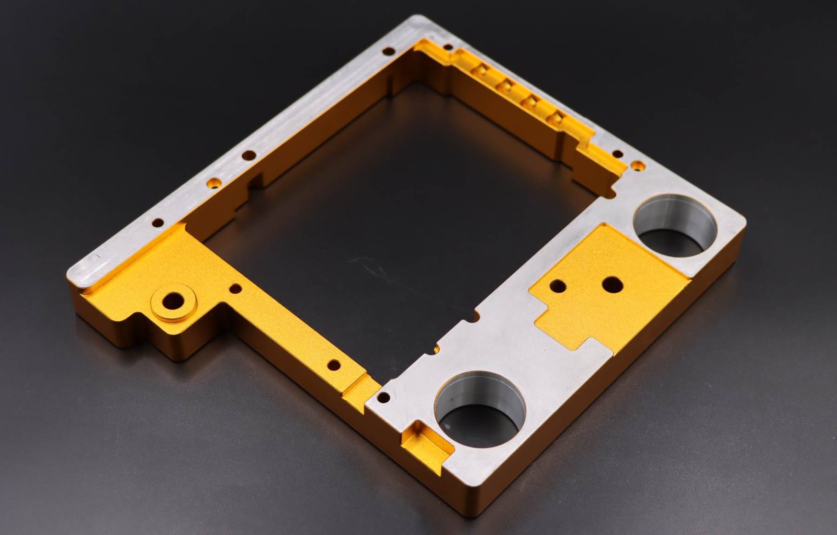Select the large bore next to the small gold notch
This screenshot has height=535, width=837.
[x=479, y=409]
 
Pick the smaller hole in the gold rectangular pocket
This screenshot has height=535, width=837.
[x=558, y=286]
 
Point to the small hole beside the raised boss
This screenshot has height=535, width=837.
[x=236, y=288]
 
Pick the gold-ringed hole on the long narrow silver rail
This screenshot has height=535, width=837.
[x=213, y=184]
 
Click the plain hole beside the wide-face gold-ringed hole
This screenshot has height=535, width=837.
[x=617, y=154]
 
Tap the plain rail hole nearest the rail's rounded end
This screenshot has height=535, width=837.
[x=157, y=223]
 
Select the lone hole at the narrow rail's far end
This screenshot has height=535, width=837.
[x=388, y=51]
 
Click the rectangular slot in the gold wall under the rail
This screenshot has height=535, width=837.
[x=255, y=181]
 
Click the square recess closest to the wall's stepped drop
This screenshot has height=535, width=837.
[x=557, y=118]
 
